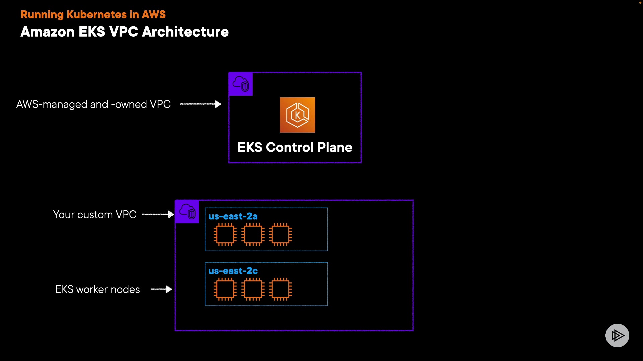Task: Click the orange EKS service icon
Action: point(297,115)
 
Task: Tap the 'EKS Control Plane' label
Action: point(295,147)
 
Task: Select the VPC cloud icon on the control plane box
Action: point(241,84)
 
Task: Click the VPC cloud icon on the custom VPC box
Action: point(187,212)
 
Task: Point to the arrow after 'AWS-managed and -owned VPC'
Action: point(201,104)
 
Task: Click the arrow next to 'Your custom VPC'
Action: point(158,214)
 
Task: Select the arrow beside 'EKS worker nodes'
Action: point(161,289)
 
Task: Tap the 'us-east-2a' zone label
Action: point(233,216)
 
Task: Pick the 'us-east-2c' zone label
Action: point(233,271)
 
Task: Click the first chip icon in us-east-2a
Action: point(225,235)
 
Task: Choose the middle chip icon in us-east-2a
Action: point(253,235)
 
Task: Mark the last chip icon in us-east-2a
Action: point(280,235)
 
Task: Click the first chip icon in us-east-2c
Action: point(225,289)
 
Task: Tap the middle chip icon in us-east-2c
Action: point(253,289)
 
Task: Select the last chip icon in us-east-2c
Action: point(280,289)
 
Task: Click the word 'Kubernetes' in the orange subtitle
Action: point(97,14)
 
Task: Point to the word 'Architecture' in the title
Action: point(186,32)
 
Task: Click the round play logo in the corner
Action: point(617,335)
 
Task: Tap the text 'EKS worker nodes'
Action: point(97,289)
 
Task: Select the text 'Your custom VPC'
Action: point(95,214)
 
